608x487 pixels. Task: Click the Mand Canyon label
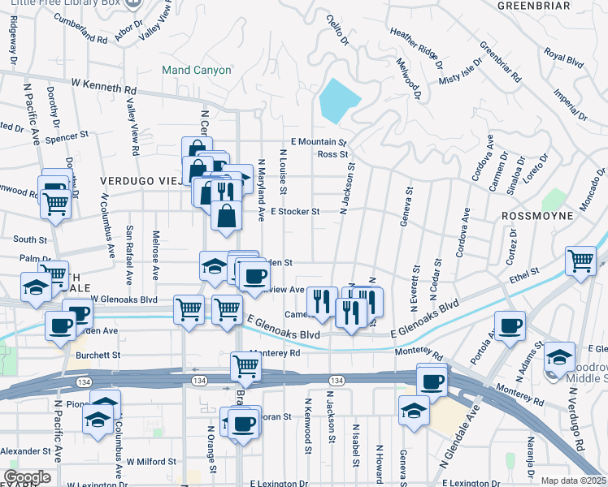[x=196, y=71]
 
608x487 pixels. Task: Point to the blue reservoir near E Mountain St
[x=341, y=100]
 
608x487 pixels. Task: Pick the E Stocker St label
[x=295, y=212]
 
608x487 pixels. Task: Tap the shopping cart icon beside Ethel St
[x=580, y=261]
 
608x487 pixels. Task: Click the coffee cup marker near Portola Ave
[x=510, y=326]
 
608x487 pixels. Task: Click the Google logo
[x=27, y=477]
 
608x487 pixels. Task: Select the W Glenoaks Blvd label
[x=124, y=299]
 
